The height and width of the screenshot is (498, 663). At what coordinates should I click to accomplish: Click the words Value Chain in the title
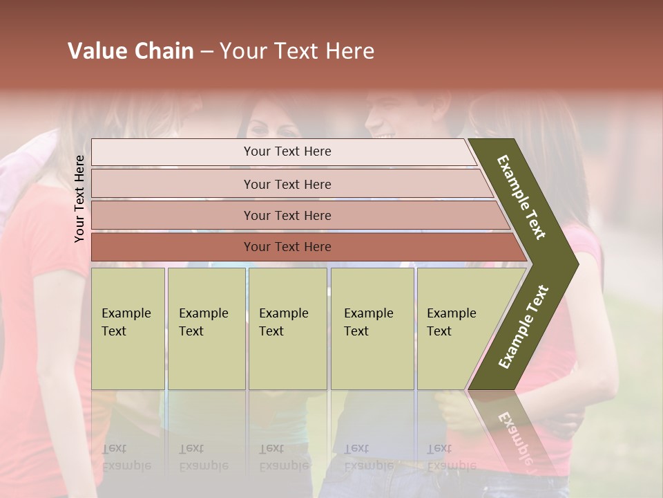[x=131, y=51]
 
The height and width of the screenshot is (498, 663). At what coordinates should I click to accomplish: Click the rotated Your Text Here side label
[x=79, y=199]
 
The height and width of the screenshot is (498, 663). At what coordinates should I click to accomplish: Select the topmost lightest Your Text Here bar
[x=287, y=151]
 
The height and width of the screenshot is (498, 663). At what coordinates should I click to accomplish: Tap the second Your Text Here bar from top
[x=287, y=184]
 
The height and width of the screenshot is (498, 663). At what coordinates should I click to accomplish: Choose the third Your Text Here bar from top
[x=287, y=215]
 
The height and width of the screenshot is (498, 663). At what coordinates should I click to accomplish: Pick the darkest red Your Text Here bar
[x=287, y=247]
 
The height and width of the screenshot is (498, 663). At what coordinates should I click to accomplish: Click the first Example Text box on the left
[x=128, y=329]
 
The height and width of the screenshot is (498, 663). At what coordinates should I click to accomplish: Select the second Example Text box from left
[x=206, y=329]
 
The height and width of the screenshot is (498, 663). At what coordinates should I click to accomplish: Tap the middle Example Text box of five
[x=287, y=329]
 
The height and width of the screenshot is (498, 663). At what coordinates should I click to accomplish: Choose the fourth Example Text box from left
[x=372, y=329]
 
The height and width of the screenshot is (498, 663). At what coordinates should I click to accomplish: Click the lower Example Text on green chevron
[x=523, y=327]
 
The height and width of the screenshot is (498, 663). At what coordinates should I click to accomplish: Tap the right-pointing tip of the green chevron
[x=575, y=264]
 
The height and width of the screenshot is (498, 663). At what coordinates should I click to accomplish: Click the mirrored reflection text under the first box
[x=126, y=457]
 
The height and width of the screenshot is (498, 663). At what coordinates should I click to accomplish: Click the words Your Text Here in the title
[x=297, y=51]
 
